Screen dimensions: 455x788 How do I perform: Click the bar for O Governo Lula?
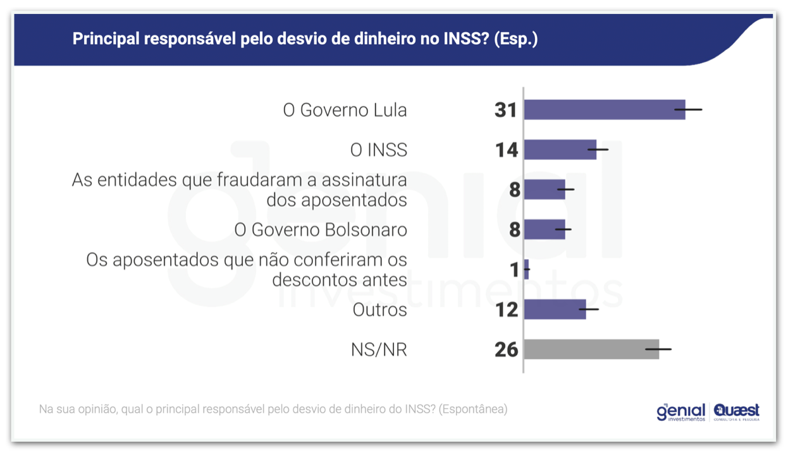(x=604, y=110)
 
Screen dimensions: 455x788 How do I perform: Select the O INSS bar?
(x=560, y=150)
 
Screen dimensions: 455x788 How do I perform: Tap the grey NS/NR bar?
(x=591, y=349)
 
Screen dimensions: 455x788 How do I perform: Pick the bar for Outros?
(x=555, y=310)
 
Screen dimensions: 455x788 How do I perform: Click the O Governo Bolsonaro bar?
(x=544, y=229)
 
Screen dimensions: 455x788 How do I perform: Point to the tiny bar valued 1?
(x=526, y=270)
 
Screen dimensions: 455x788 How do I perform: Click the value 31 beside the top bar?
(x=506, y=111)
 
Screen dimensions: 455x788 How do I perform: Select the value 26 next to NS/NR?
(x=507, y=350)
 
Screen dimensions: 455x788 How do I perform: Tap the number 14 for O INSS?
(x=507, y=150)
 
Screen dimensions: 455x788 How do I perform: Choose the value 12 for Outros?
(x=507, y=310)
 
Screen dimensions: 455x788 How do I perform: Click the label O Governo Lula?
(x=345, y=111)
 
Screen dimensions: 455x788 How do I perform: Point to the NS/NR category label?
(x=379, y=350)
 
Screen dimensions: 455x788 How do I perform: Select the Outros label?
(x=379, y=310)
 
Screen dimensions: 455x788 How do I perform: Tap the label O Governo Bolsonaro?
(x=321, y=230)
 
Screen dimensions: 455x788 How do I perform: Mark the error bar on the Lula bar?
(x=688, y=110)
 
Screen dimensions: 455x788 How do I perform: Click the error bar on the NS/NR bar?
(x=658, y=349)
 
